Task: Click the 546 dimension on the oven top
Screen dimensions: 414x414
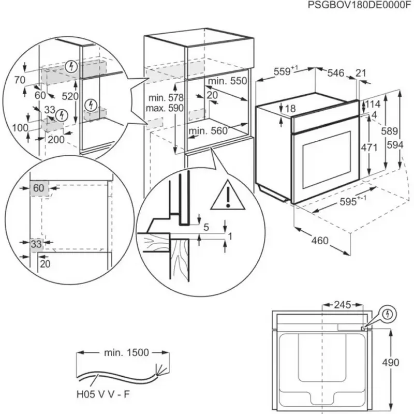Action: [x=335, y=73]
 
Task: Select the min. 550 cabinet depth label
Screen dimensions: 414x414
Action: [x=228, y=81]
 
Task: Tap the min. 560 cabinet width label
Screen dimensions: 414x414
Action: [x=208, y=131]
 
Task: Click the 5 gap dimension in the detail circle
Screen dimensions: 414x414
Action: [x=205, y=227]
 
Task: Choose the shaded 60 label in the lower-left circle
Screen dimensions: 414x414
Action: [x=39, y=188]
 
